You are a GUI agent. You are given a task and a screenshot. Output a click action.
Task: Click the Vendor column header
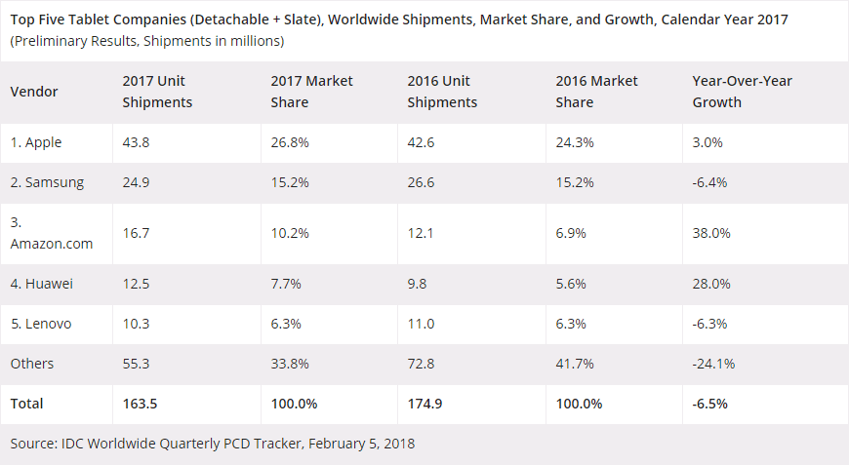pos(34,92)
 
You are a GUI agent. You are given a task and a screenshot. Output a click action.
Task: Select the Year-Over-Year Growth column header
pos(742,92)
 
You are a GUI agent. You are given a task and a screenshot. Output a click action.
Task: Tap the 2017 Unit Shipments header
pos(157,92)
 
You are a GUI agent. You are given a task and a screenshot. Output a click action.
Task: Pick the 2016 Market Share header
pos(596,92)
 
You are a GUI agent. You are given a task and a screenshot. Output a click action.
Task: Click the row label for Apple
pos(36,142)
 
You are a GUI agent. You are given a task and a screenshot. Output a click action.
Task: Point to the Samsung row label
pos(47,182)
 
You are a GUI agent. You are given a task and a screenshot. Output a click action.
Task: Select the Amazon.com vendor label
pos(52,244)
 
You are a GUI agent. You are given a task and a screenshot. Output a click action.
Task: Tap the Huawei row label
pos(42,284)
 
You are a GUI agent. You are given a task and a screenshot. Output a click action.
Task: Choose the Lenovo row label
pos(41,323)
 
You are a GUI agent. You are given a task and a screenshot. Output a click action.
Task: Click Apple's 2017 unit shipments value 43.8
pos(136,142)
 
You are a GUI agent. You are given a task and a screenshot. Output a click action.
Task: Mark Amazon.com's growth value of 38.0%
pos(710,234)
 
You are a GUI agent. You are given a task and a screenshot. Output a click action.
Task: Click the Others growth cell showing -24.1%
pos(713,364)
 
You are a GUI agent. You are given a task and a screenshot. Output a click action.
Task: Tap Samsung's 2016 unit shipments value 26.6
pos(421,182)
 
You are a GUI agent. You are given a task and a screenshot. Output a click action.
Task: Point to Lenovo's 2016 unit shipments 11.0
pos(420,323)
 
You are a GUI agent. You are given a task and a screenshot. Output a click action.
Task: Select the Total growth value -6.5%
pos(709,404)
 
